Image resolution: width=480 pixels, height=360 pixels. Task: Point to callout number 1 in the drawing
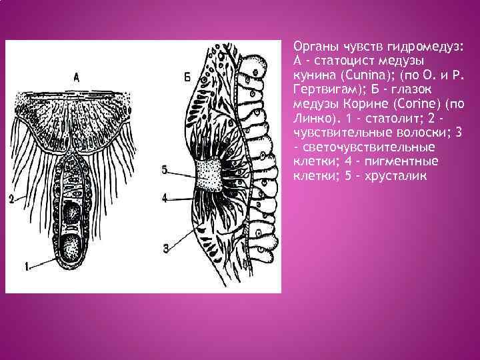[x=27, y=267]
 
